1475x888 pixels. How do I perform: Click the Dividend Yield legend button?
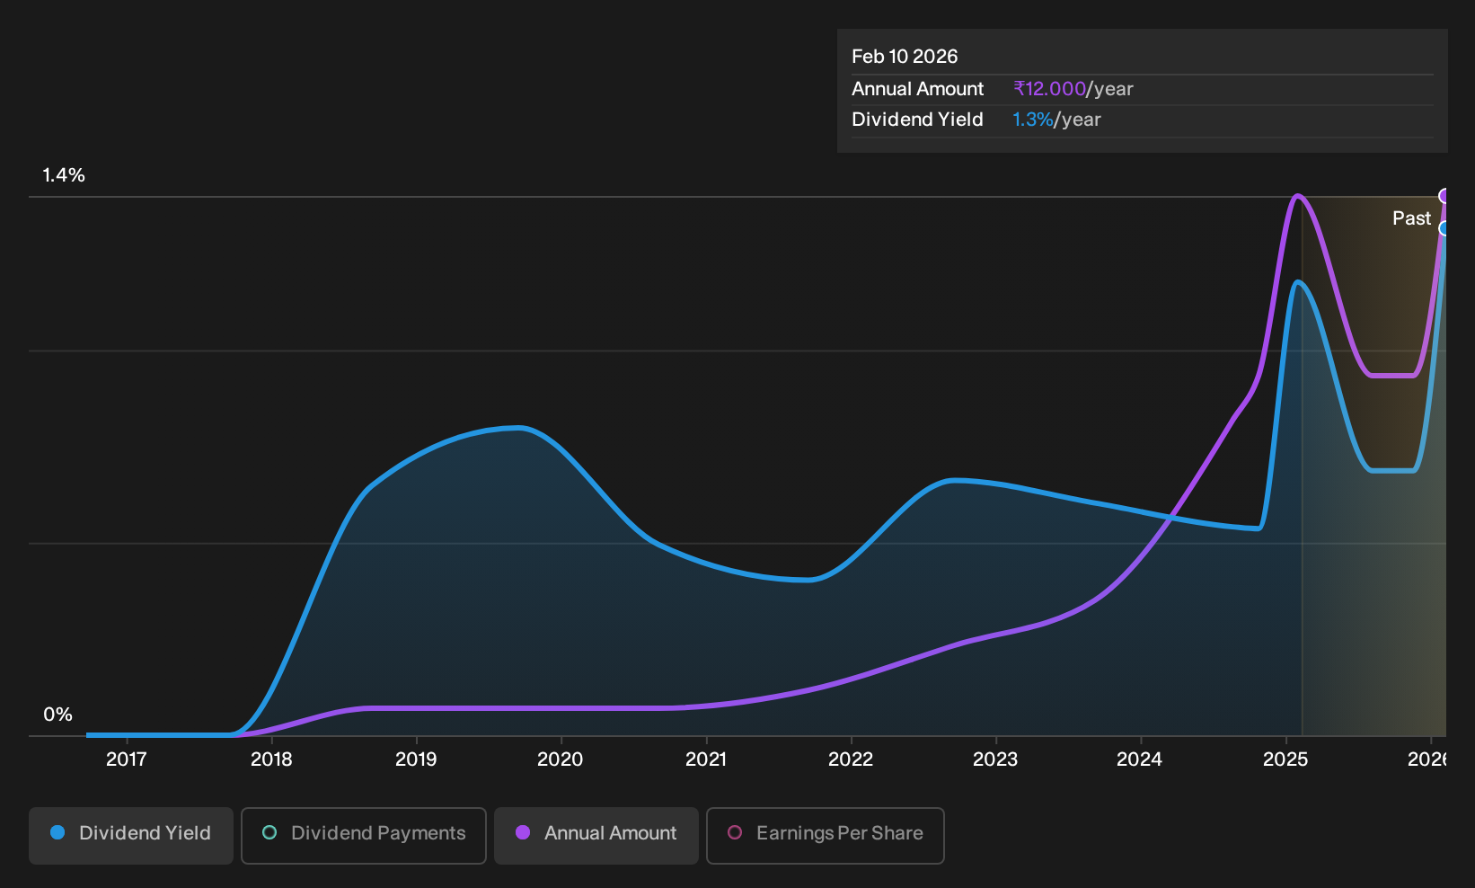tap(131, 835)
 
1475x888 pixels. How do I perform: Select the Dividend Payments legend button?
tap(364, 835)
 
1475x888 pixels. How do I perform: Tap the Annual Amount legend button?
tap(596, 835)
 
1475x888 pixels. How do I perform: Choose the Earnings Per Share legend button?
tap(825, 835)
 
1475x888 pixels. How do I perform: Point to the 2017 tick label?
tap(127, 759)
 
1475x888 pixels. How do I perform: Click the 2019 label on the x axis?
tap(416, 759)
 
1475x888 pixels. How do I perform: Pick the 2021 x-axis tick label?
tap(706, 759)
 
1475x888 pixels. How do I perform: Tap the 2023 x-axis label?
tap(995, 759)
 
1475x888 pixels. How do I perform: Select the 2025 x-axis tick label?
tap(1285, 759)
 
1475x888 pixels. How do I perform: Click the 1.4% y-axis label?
tap(64, 175)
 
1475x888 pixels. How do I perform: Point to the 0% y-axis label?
tap(58, 715)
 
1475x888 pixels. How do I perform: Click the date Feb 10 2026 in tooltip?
tap(905, 57)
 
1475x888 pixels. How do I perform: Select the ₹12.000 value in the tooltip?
tap(1049, 88)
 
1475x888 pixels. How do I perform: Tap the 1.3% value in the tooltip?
tap(1032, 120)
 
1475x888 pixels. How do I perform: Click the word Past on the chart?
tap(1412, 218)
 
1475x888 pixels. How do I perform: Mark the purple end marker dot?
tap(1443, 196)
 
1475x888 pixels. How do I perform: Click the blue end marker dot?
tap(1443, 228)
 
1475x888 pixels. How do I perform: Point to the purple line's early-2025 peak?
tap(1296, 196)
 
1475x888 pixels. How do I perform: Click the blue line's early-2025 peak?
tap(1296, 282)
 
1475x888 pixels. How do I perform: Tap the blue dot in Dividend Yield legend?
tap(58, 832)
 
